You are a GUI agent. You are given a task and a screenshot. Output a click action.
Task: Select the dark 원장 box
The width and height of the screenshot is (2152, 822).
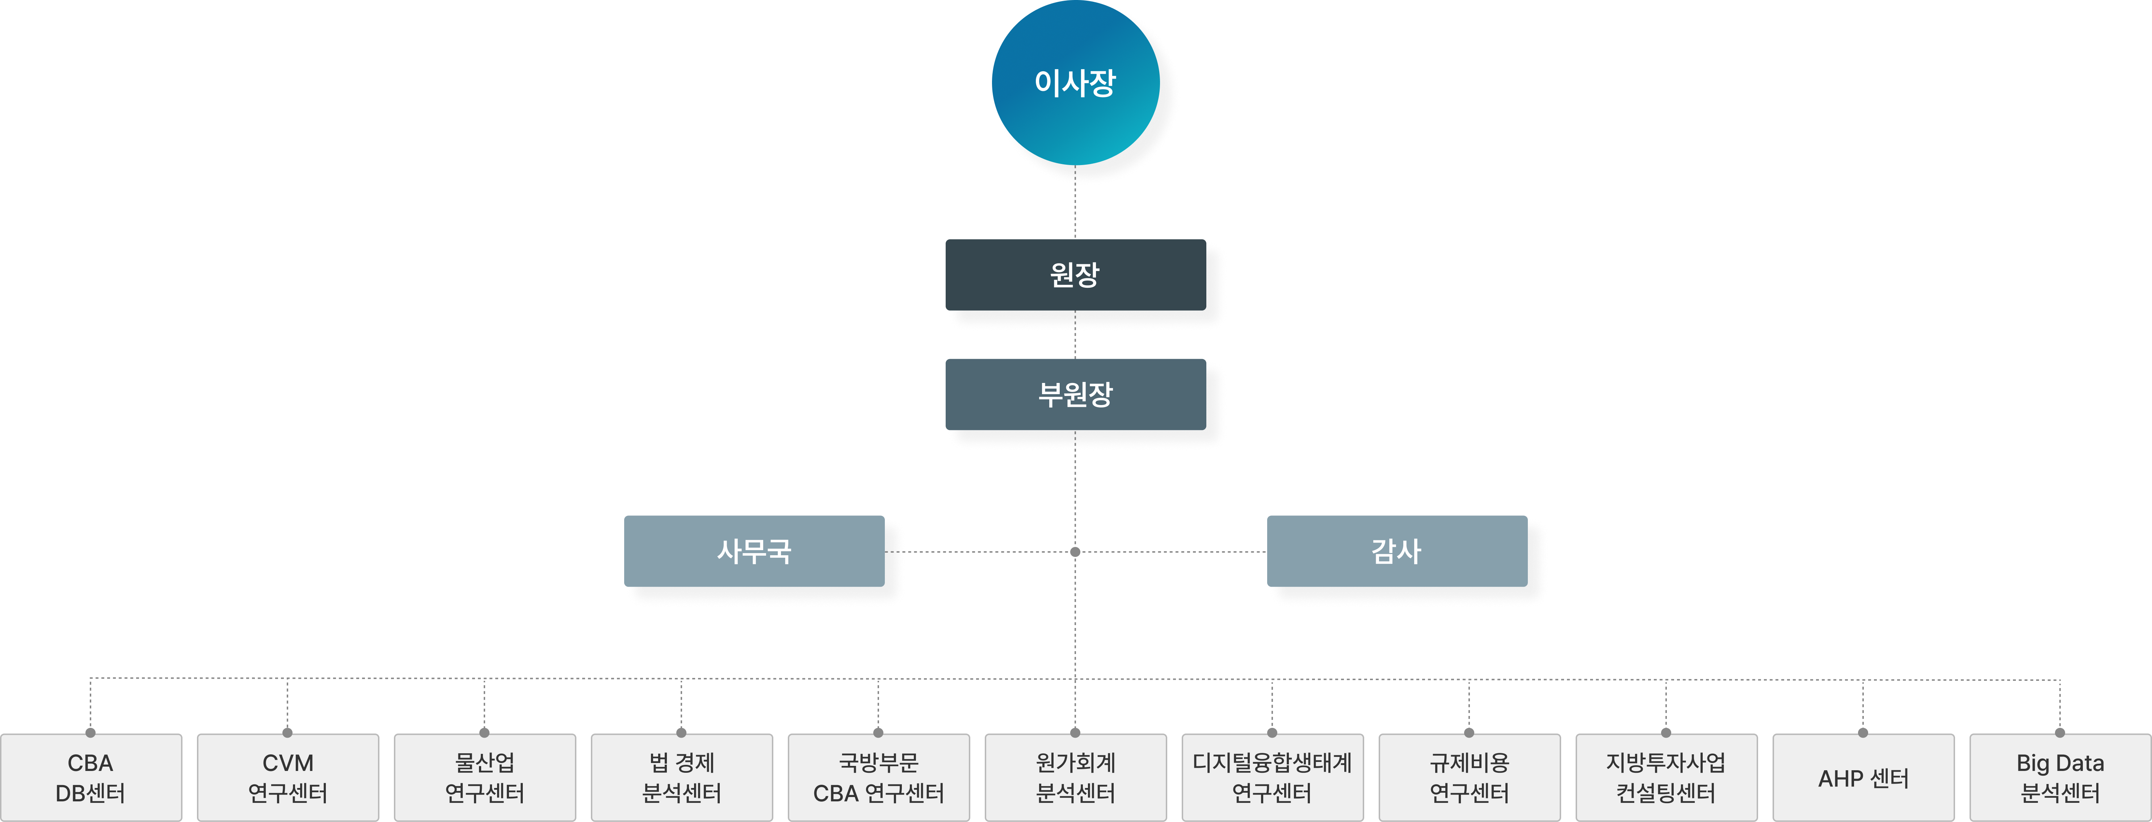[x=1075, y=275]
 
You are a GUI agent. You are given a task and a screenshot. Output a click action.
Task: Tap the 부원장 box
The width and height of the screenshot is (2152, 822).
[x=1075, y=394]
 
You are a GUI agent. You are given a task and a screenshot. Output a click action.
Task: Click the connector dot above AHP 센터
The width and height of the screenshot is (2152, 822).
[x=1863, y=733]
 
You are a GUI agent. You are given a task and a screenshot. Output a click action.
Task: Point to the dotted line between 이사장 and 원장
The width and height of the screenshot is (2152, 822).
[x=1075, y=202]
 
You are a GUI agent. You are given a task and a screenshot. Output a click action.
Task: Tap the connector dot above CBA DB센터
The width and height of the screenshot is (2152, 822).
[x=90, y=733]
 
